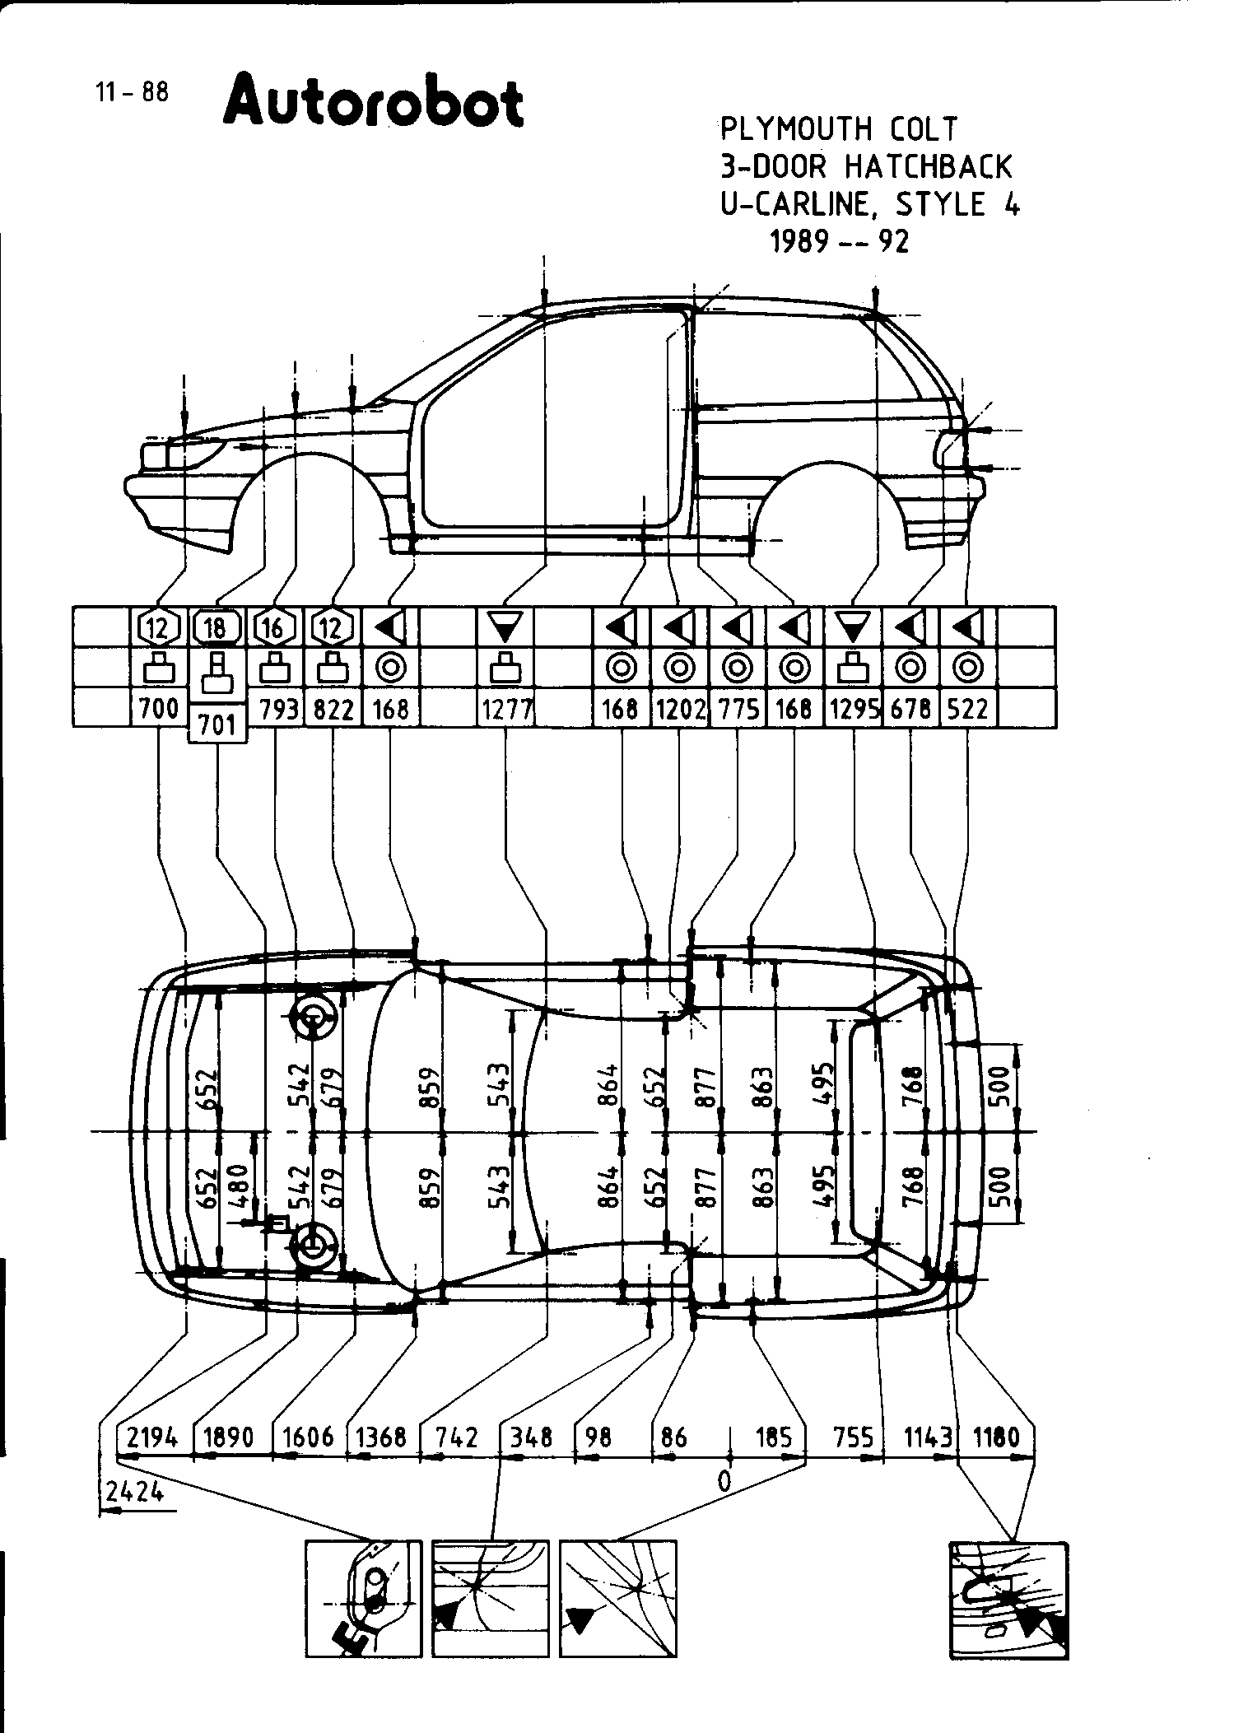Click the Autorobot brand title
coord(373,102)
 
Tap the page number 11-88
coord(132,91)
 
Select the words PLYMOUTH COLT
coord(839,128)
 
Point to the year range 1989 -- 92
coord(839,241)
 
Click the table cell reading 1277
coord(505,709)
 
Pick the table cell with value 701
coord(217,724)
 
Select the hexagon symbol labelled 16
coord(275,628)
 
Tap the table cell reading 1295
coord(853,709)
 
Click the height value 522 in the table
coord(967,709)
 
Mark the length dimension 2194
coord(152,1437)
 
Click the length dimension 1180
coord(996,1437)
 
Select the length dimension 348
coord(531,1437)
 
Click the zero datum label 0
coord(724,1481)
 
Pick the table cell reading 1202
coord(679,709)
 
